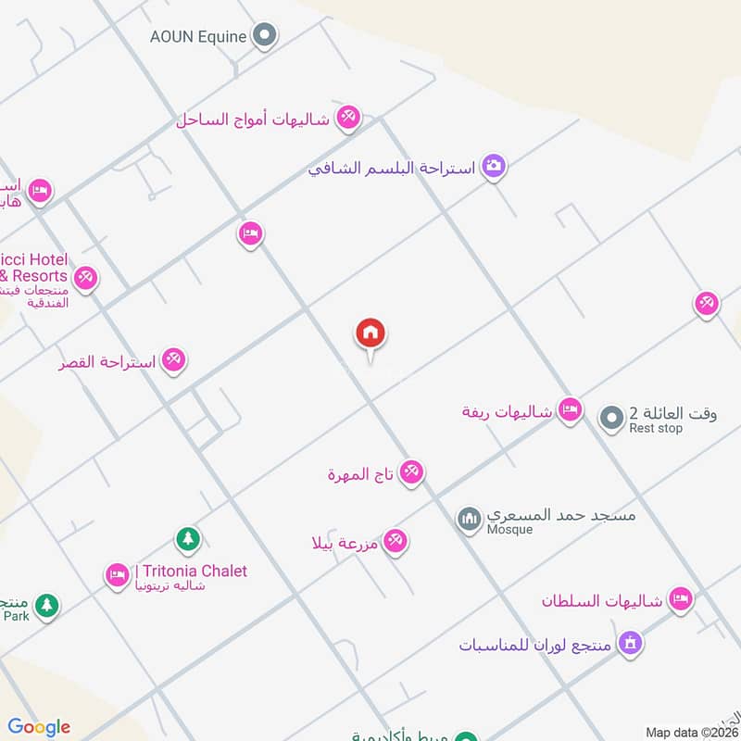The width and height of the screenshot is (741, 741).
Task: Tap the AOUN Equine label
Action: click(199, 37)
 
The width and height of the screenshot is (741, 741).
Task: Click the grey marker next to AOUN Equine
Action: click(266, 36)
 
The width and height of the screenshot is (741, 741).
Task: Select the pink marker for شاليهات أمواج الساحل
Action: click(348, 118)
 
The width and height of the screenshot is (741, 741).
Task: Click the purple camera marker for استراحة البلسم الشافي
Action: click(495, 167)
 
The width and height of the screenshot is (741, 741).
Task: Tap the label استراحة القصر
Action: click(107, 362)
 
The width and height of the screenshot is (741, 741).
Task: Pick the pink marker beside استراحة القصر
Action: click(173, 359)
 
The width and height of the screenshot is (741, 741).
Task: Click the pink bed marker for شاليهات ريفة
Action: click(571, 409)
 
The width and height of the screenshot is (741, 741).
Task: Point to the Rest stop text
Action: click(655, 429)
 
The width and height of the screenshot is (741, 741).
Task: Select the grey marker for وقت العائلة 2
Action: click(611, 420)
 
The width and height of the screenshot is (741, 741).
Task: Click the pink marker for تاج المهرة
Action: click(411, 472)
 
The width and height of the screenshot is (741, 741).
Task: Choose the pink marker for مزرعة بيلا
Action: click(396, 540)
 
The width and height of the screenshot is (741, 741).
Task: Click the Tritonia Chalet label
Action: click(191, 571)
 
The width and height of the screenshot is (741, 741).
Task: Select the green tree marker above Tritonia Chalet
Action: click(188, 538)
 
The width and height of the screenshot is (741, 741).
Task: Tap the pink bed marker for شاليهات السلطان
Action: click(681, 599)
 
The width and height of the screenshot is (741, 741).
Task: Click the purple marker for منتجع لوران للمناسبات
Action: click(631, 642)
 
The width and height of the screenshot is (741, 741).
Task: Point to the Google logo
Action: click(39, 727)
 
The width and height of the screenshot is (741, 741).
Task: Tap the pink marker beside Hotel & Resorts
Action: click(85, 277)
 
